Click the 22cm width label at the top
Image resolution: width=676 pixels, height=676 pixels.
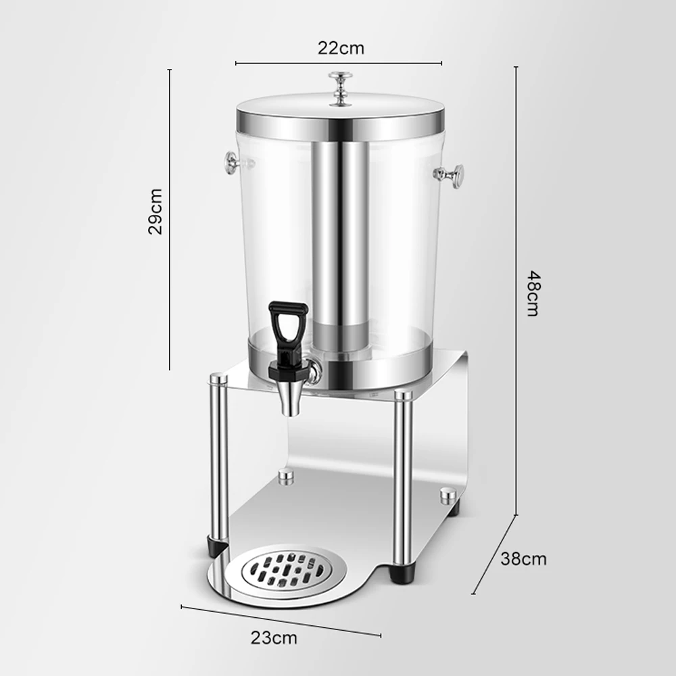click(x=341, y=48)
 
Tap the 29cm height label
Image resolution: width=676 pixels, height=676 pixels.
click(x=155, y=211)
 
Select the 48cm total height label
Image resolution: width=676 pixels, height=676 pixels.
click(x=533, y=294)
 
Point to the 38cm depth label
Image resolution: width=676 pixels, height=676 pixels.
click(x=523, y=559)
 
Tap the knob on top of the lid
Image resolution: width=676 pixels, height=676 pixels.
click(x=340, y=88)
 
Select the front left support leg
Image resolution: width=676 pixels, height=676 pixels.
click(x=218, y=460)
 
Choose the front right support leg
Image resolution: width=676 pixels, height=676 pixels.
click(x=404, y=480)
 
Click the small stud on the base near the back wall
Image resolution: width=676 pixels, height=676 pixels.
click(x=287, y=477)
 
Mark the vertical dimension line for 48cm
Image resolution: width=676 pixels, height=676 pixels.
click(x=516, y=291)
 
